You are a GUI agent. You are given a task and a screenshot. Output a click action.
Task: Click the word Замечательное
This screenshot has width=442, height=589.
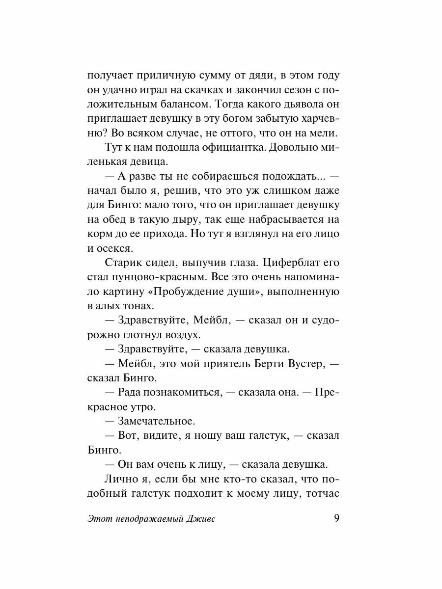157,421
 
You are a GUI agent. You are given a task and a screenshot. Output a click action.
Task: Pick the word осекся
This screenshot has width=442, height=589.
117,248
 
